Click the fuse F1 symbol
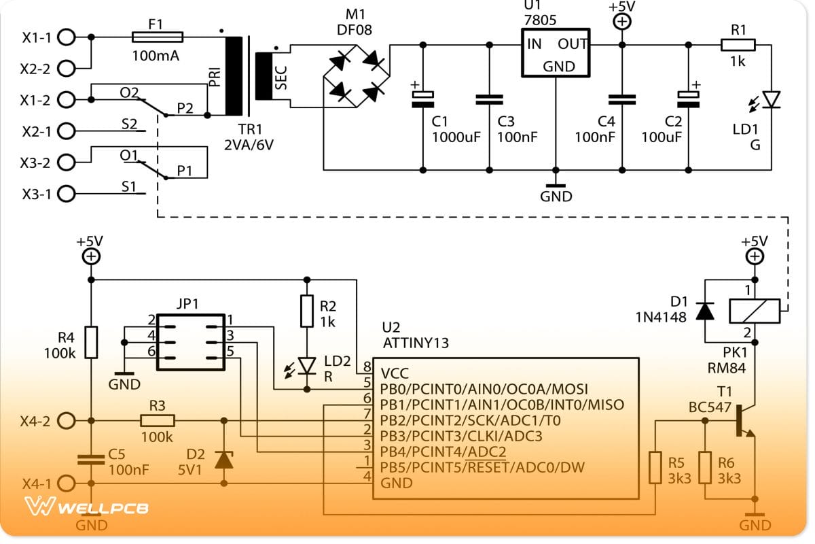point(156,37)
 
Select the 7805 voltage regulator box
point(556,53)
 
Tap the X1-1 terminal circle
point(66,37)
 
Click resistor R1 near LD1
point(738,45)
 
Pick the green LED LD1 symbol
point(771,100)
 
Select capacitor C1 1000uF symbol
point(422,99)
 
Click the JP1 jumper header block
point(190,341)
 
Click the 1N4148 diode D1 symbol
point(706,311)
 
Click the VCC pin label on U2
point(395,373)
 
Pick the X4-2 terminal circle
point(66,421)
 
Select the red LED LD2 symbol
point(308,366)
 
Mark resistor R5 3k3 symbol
point(655,467)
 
